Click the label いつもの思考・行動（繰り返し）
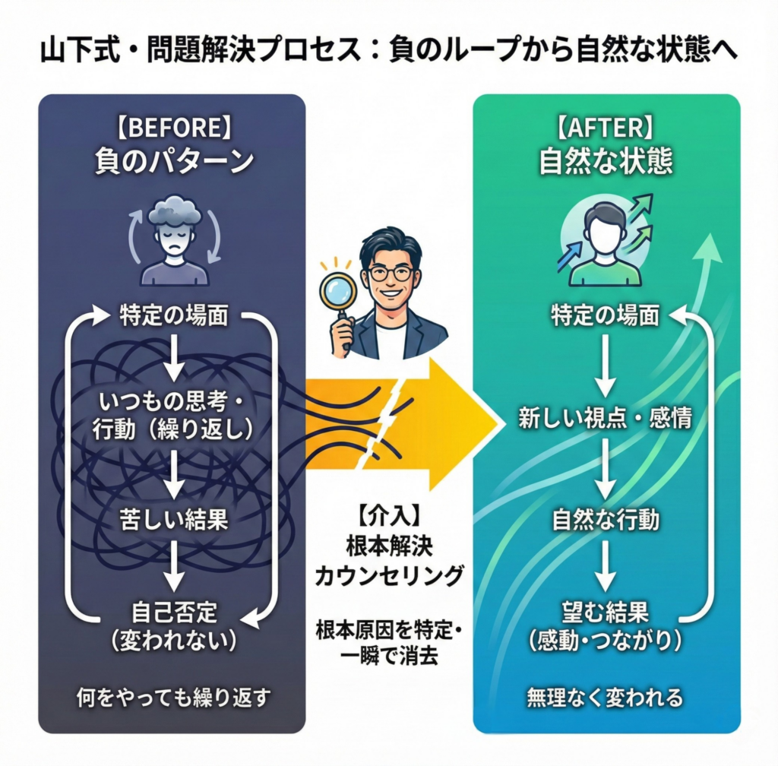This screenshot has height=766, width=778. [x=175, y=413]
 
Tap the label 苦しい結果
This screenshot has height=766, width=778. [x=175, y=521]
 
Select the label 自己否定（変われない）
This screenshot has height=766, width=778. [x=175, y=625]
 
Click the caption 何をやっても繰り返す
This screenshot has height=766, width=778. [x=175, y=697]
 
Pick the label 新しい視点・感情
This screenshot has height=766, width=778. [x=605, y=417]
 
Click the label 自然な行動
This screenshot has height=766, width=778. [x=605, y=521]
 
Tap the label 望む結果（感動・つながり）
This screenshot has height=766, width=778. [x=605, y=625]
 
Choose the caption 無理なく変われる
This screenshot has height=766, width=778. [x=605, y=697]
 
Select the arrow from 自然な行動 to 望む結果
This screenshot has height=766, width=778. [x=605, y=565]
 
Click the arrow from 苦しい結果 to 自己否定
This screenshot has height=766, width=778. [x=175, y=566]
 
